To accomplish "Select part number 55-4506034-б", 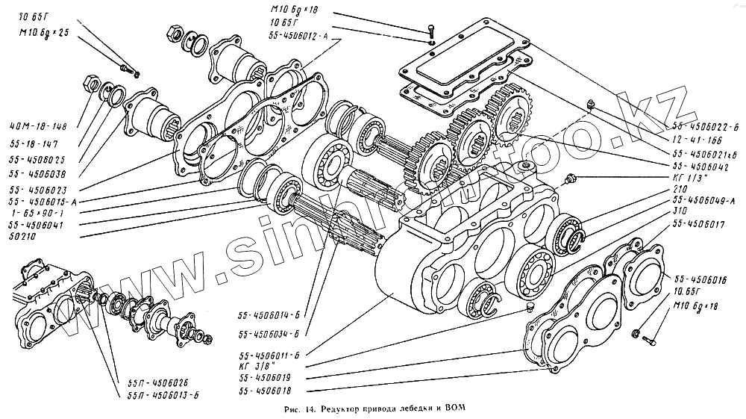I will pos(269,333).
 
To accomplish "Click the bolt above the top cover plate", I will pos(432,31).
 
